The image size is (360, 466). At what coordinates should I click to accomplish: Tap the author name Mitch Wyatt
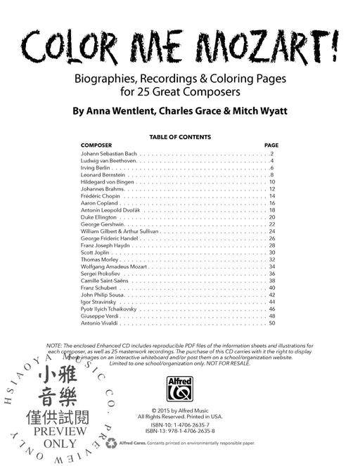coord(255,110)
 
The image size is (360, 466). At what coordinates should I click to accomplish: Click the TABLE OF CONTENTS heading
coord(180,137)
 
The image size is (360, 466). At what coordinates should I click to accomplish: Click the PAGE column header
coord(271,145)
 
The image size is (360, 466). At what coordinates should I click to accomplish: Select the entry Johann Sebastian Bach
coord(109,153)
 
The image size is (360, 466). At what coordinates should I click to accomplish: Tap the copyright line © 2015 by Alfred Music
coord(180,410)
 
